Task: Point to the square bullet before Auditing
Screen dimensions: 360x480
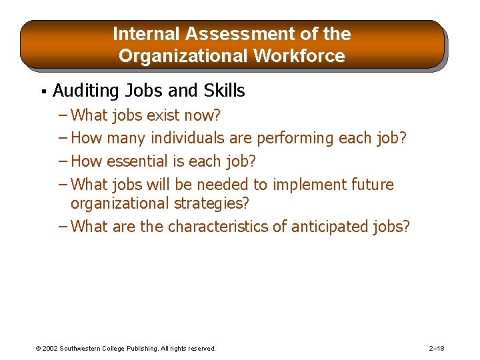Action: click(42, 91)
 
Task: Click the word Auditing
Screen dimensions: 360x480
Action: click(85, 91)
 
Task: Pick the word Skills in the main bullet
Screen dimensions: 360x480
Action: click(222, 91)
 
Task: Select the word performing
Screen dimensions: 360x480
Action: click(294, 139)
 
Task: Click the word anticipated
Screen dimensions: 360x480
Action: click(329, 227)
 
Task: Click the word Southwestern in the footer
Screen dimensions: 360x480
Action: click(83, 349)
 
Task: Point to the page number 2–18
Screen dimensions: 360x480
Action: click(437, 349)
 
